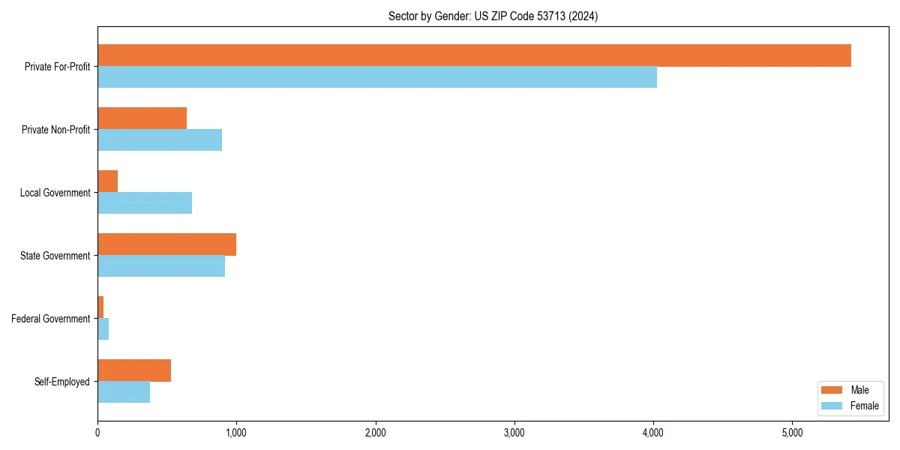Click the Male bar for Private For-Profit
(x=474, y=55)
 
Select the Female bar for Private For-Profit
(x=377, y=77)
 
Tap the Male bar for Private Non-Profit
(x=142, y=118)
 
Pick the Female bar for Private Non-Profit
(x=160, y=140)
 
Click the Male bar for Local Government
(x=107, y=181)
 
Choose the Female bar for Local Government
(x=145, y=203)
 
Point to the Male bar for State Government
(x=166, y=244)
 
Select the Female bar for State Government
(x=161, y=266)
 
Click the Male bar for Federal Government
(x=100, y=307)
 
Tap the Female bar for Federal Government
(x=103, y=329)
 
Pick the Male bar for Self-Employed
(x=134, y=370)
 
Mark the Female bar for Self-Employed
(x=124, y=392)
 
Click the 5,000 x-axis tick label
(x=792, y=433)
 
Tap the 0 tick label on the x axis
(x=97, y=433)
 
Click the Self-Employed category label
(x=61, y=382)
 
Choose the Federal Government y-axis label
(x=50, y=319)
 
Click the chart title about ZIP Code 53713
(x=493, y=16)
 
